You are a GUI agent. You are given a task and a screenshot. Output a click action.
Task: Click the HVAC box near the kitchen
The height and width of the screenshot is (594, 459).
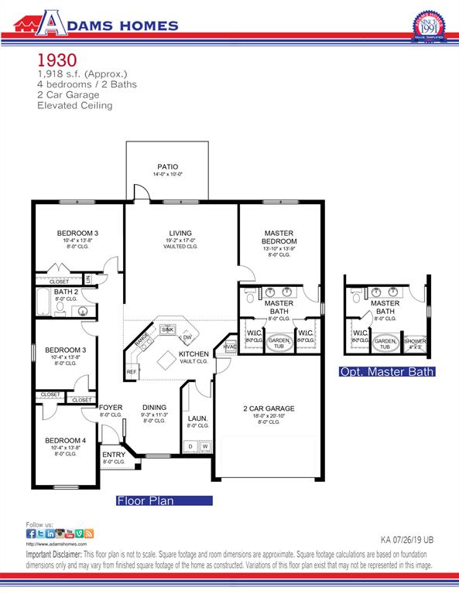coord(229,346)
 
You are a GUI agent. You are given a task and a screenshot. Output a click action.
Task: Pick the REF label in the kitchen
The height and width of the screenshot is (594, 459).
coord(132,372)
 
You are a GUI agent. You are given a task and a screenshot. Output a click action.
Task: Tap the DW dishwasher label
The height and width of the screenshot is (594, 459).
coord(187,338)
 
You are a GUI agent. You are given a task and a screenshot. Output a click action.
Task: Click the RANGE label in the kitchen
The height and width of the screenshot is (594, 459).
coord(142,340)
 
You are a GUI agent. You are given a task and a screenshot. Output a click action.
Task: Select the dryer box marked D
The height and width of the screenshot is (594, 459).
coord(191,446)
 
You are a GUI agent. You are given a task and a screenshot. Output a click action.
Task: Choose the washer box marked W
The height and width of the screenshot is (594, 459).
coord(205,446)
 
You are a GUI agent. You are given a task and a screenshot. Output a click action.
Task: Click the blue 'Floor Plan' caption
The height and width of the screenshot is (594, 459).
coord(145,500)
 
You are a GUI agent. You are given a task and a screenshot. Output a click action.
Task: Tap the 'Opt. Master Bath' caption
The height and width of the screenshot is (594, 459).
coord(387,372)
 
